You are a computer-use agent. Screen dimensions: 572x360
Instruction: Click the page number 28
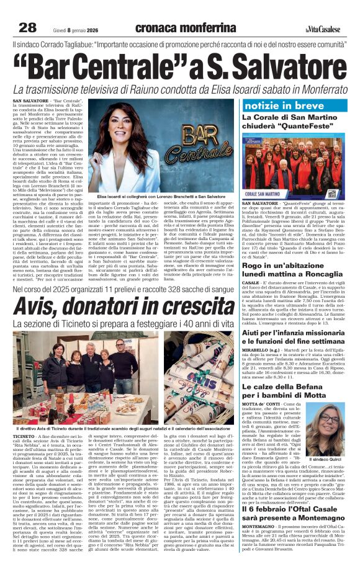click(x=27, y=27)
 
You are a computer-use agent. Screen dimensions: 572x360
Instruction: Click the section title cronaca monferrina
click(x=186, y=27)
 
